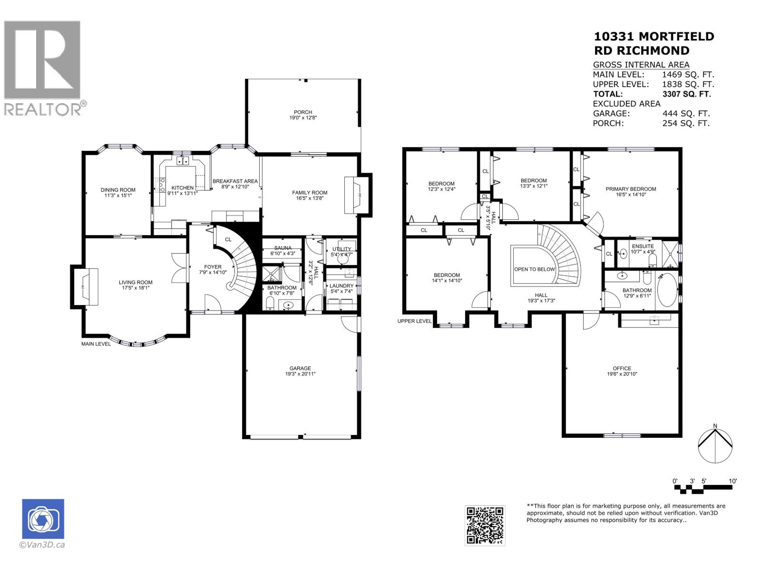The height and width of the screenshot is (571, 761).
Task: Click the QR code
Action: point(485,526)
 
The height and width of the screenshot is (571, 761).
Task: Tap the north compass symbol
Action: point(715,446)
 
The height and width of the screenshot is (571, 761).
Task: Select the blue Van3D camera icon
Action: point(43,519)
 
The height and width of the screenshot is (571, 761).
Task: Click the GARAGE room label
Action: point(300,368)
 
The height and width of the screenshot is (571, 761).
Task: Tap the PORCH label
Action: point(302,112)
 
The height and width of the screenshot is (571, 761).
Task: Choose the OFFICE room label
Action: point(622,368)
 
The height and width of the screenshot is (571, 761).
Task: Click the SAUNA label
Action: point(283,248)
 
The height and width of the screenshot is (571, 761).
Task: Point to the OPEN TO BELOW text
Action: point(535,269)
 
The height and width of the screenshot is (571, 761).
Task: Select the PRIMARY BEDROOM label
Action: point(631,189)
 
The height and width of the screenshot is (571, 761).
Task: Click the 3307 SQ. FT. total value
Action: point(686,94)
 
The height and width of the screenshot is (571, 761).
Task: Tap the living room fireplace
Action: point(85,286)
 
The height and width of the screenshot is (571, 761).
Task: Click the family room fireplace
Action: point(358,195)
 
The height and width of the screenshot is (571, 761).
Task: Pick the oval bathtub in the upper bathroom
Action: point(667,290)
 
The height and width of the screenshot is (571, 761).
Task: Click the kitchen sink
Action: point(182,161)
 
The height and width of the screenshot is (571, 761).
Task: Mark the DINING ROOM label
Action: point(118,190)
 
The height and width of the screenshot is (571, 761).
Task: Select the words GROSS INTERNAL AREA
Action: point(641,65)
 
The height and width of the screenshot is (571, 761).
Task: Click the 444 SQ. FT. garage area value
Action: point(686,113)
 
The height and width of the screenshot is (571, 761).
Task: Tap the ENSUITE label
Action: point(643,246)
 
